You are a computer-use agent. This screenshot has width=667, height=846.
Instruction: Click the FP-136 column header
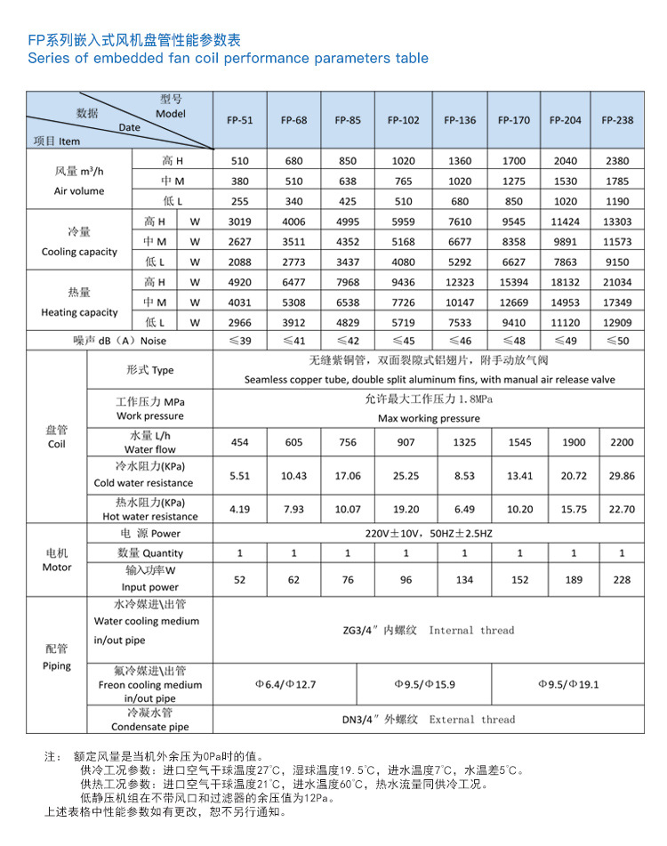tap(460, 120)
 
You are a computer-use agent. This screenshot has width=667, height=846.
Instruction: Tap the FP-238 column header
tap(617, 120)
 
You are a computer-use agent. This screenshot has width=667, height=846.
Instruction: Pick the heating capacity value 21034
tap(617, 282)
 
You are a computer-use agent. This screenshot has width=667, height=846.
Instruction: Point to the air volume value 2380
tap(617, 161)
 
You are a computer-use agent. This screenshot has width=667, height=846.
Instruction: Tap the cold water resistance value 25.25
tap(406, 476)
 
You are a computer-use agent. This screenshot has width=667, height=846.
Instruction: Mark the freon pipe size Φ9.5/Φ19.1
tap(571, 685)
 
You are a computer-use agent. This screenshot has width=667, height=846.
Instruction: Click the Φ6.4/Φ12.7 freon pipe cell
tap(285, 685)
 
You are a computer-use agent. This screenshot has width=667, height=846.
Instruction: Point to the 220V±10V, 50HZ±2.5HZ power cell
tap(429, 533)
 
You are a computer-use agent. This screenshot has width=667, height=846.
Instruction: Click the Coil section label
tap(57, 436)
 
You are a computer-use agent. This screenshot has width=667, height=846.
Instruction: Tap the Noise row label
tap(119, 341)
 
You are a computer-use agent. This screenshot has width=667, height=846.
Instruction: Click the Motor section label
tap(57, 560)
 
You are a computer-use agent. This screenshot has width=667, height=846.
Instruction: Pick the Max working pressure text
tap(429, 418)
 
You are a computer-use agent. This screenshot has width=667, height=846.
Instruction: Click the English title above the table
tap(229, 59)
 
